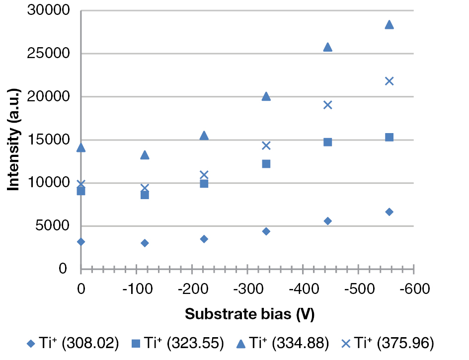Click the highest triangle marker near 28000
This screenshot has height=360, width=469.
click(389, 25)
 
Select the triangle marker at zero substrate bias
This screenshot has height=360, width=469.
click(81, 147)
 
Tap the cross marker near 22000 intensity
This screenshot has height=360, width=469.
click(389, 81)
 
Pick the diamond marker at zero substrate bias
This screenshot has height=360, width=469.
click(81, 242)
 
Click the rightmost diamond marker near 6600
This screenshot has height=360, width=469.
click(389, 212)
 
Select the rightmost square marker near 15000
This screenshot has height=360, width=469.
click(389, 137)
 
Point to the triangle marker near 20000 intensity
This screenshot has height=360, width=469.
click(266, 96)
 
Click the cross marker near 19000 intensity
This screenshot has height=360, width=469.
click(327, 105)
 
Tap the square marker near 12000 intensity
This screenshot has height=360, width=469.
click(266, 164)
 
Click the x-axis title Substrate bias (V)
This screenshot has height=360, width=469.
click(249, 314)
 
